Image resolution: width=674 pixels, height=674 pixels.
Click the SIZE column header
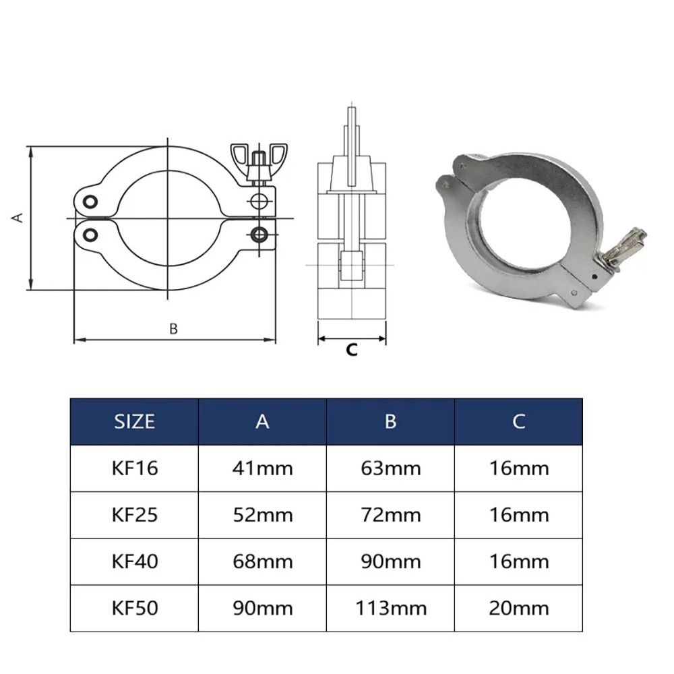coord(134,421)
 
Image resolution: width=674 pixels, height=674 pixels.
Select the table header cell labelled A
coord(262,421)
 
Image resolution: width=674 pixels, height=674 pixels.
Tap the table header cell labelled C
coord(518,421)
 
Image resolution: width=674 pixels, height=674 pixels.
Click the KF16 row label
coord(134,468)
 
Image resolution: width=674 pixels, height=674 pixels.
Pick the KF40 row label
coord(134,561)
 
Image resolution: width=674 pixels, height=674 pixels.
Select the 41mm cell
coord(262,468)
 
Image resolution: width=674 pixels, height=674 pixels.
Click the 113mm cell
coord(390,608)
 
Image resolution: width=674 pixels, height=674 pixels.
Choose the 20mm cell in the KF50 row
coord(518,608)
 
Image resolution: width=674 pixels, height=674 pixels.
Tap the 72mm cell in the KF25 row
coord(390,515)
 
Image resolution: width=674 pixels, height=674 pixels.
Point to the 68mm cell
coord(262,561)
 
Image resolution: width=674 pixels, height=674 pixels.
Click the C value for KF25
coord(518,515)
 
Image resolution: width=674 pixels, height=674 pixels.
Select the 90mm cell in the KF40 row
coord(390,561)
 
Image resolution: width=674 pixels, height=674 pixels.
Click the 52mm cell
coord(262,515)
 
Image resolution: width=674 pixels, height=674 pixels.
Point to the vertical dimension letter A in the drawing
coord(19,217)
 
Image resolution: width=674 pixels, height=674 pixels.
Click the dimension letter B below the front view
coord(173,329)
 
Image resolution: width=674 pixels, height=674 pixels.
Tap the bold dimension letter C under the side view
coord(351,350)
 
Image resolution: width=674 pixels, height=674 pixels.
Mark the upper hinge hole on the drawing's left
coord(90,201)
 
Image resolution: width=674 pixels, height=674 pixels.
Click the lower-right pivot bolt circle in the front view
coord(258,234)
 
